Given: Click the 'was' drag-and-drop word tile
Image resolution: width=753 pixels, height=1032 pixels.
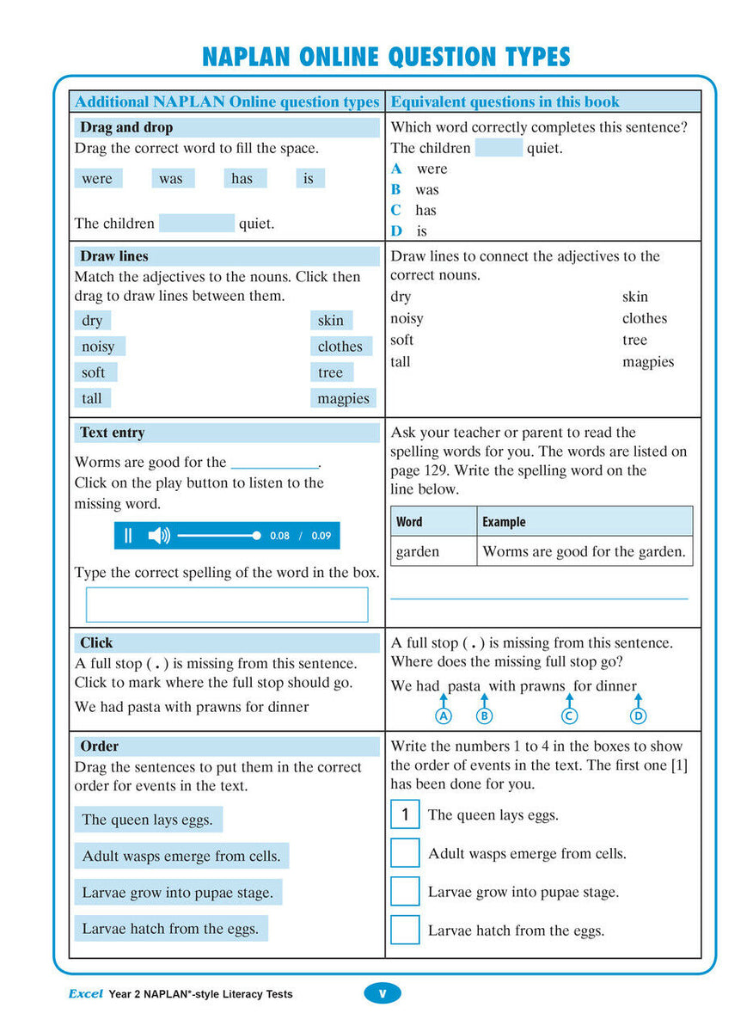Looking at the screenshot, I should click(x=172, y=179).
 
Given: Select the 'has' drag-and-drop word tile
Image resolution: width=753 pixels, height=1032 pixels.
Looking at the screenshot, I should click(x=243, y=179).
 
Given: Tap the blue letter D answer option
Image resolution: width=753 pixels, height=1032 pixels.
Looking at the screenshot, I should click(x=396, y=230).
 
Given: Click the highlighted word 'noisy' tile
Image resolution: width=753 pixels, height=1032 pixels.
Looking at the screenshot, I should click(x=99, y=347).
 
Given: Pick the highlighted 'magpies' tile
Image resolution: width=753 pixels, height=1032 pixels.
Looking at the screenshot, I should click(x=343, y=399).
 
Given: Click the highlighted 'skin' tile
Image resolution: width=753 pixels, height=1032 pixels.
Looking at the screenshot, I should click(x=331, y=321).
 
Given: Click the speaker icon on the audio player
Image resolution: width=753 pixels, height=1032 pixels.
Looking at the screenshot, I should click(x=159, y=536).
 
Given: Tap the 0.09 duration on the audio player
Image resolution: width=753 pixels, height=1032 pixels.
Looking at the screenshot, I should click(x=321, y=536).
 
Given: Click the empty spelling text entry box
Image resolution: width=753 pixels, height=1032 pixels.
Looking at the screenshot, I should click(x=227, y=605).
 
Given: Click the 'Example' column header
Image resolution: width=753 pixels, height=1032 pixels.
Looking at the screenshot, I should click(x=504, y=522).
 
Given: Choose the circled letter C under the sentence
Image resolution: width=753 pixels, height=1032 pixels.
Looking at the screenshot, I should click(x=568, y=716).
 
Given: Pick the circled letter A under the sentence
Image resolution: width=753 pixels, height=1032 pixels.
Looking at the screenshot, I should click(x=444, y=716).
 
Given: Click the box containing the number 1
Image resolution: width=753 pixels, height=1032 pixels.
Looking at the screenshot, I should click(x=405, y=814).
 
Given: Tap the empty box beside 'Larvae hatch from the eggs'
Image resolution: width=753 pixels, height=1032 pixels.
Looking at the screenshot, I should click(x=405, y=930).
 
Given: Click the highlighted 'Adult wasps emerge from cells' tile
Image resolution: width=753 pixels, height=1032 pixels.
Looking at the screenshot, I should click(x=181, y=856).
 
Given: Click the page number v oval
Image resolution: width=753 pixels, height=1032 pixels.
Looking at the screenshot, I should click(x=383, y=993).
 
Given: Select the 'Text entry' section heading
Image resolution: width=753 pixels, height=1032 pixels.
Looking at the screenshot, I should click(x=113, y=433).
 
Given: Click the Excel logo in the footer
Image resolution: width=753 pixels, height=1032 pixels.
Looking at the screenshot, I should click(x=85, y=993).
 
